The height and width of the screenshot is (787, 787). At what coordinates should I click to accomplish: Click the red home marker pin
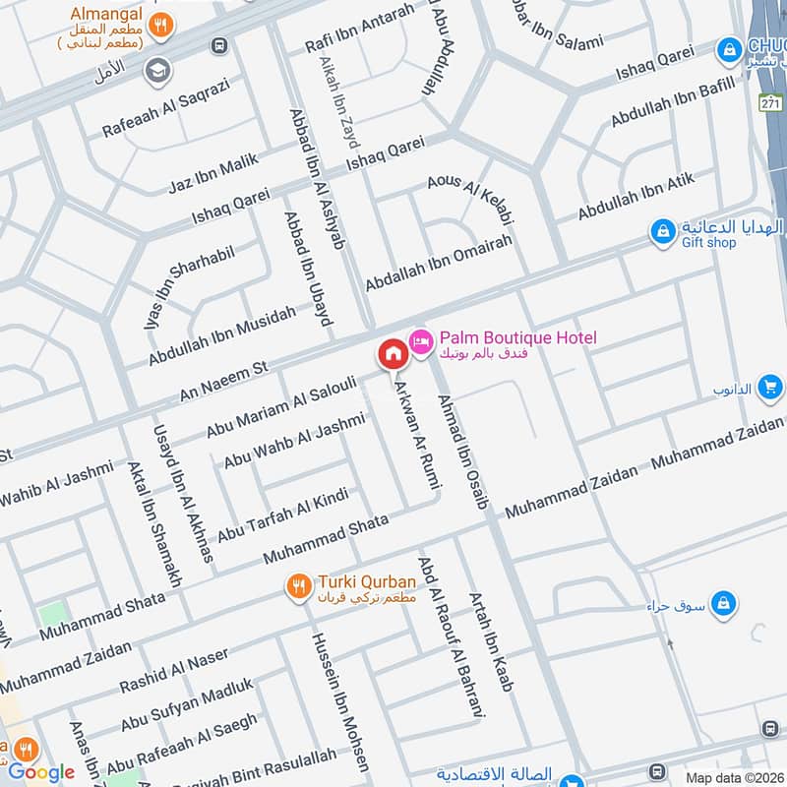tap(392, 354)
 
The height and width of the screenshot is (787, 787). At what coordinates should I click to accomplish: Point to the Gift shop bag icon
tap(664, 233)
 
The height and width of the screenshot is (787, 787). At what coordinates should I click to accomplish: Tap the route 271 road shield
tap(772, 101)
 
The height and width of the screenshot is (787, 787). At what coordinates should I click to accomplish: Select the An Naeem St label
tap(224, 381)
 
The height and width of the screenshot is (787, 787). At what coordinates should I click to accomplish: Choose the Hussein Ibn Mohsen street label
tap(340, 700)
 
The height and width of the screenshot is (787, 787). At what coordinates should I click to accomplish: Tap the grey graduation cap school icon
tap(155, 71)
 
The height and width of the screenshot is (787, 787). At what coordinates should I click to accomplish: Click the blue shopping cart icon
tap(770, 388)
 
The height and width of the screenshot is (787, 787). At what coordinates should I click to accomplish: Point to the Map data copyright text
tap(734, 778)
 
